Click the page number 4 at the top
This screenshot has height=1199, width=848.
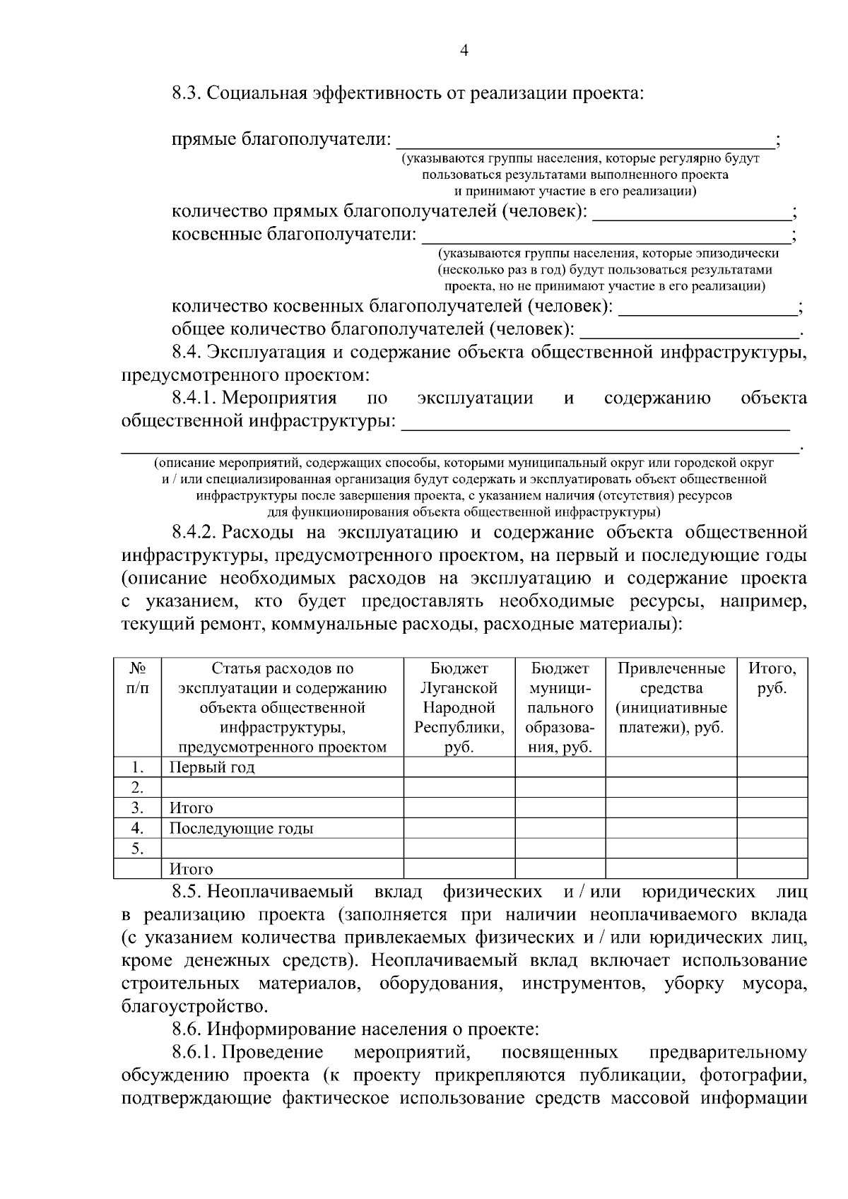point(464,49)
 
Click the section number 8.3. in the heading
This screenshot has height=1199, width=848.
point(187,93)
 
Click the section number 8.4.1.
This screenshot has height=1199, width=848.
point(194,398)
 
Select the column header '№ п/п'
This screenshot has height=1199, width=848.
point(138,678)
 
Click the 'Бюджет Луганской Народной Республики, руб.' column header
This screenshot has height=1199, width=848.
point(459,707)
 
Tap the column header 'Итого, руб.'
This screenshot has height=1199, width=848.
point(772,678)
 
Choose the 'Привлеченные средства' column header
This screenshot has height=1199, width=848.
point(671,697)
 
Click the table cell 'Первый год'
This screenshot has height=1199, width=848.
point(212,767)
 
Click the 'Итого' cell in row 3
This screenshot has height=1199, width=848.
point(191,808)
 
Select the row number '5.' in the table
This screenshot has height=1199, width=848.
point(138,848)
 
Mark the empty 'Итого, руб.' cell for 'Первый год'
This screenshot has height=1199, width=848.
point(772,767)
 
